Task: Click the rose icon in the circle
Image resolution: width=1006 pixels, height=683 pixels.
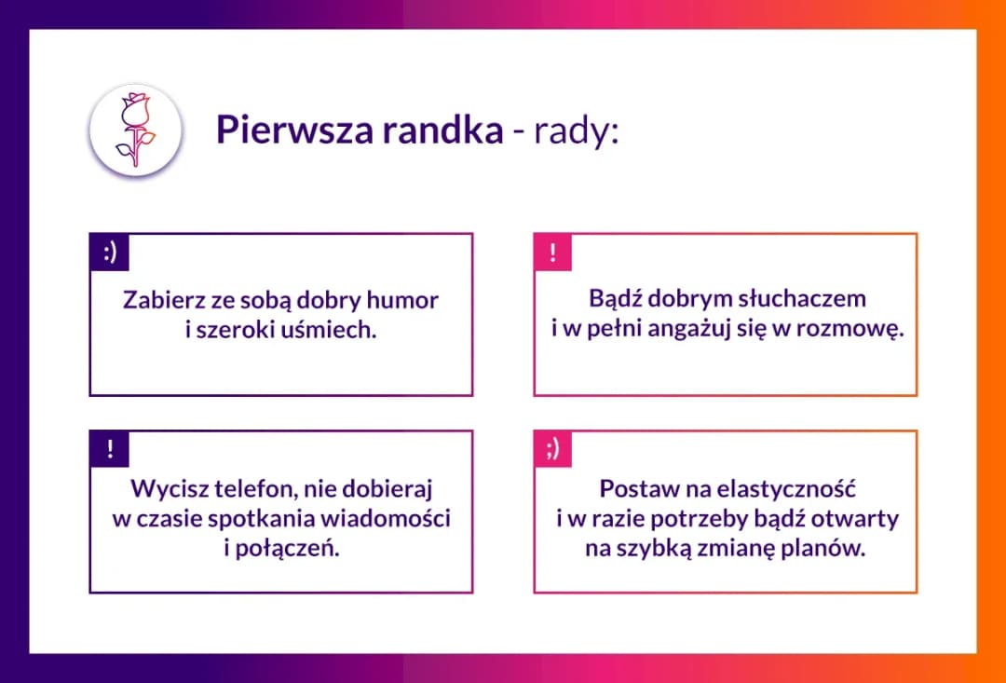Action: coord(135,130)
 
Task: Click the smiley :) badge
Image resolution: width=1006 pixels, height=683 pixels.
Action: coord(109,253)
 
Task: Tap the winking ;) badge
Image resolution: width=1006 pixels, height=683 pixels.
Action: coord(553,449)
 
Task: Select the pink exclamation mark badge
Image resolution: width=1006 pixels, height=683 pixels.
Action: coord(553,253)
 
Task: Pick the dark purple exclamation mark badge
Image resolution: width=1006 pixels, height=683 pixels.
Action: coord(109,449)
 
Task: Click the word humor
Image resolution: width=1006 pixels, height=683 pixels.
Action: coord(401,301)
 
